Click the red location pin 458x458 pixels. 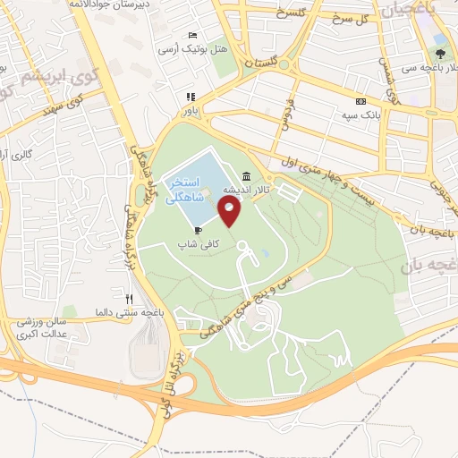click(x=230, y=212)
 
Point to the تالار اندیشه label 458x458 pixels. click(x=247, y=191)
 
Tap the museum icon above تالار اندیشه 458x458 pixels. click(x=246, y=177)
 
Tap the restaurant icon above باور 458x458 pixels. click(x=190, y=98)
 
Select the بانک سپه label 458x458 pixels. click(x=361, y=114)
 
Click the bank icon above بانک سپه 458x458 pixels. click(x=360, y=101)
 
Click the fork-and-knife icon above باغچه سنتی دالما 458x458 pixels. click(x=130, y=299)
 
